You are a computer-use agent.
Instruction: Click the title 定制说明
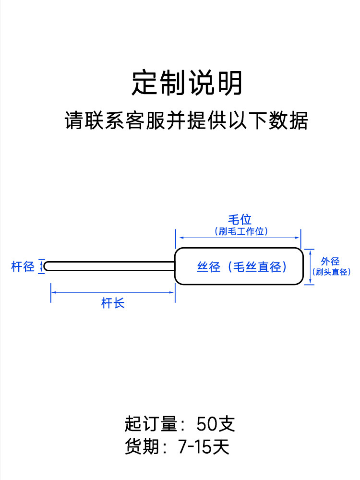tap(187, 83)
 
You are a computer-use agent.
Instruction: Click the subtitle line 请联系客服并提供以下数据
tap(186, 120)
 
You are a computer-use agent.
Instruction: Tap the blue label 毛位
tap(240, 219)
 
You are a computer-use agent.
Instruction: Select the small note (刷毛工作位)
tap(241, 231)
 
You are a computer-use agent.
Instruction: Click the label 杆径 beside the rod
tap(23, 266)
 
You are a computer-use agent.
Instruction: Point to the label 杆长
tap(113, 303)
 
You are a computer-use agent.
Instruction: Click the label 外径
tap(330, 261)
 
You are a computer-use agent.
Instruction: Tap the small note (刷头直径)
tap(331, 272)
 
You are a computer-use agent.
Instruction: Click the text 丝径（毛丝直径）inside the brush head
tap(242, 266)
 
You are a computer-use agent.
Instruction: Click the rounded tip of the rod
tap(45, 266)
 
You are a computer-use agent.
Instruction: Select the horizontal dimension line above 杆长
tap(113, 292)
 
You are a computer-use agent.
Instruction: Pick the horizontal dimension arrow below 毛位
tap(239, 238)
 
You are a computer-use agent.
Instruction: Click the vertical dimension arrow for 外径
tap(311, 267)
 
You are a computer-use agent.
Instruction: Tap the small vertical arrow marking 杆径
tap(41, 266)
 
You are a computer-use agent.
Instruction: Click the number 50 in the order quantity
tap(206, 424)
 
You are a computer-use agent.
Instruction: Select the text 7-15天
tap(204, 446)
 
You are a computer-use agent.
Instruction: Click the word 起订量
tap(151, 424)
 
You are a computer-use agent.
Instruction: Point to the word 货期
tap(142, 446)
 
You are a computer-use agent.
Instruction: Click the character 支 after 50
tap(226, 424)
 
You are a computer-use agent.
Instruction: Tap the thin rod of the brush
tap(109, 266)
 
